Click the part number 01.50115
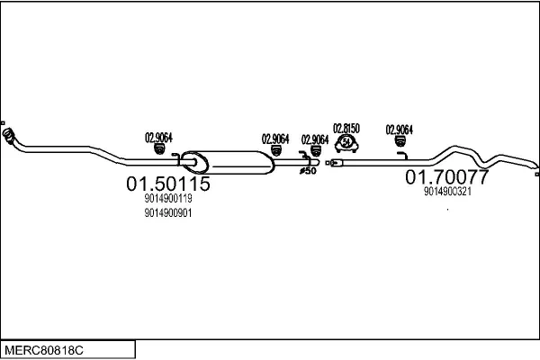167,184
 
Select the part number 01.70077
447,175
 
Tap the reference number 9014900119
167,199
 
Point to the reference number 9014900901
167,213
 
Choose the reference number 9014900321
447,191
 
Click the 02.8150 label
346,129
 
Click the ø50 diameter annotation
307,170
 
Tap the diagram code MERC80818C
45,347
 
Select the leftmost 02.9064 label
158,138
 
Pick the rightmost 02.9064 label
399,129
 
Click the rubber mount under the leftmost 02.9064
158,151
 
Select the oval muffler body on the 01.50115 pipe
229,163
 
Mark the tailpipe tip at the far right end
534,166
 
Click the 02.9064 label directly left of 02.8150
315,139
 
